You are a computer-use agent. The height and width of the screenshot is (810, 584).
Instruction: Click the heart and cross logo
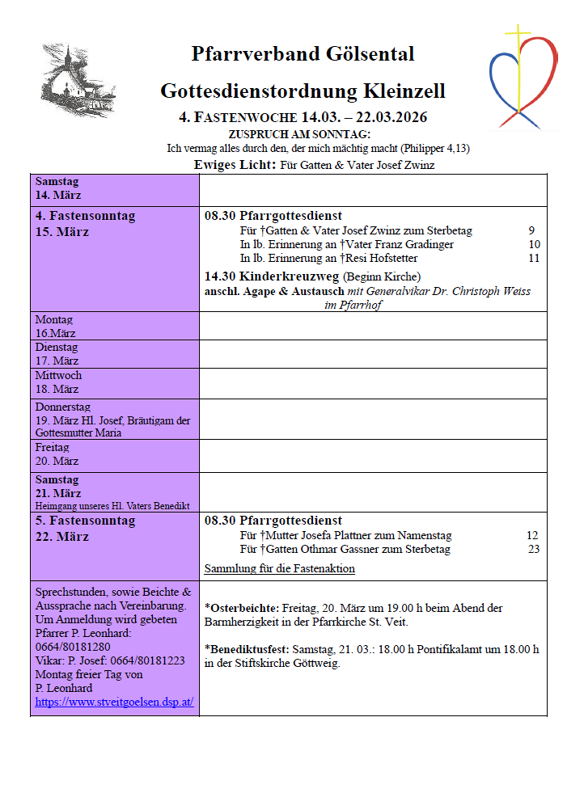point(523,77)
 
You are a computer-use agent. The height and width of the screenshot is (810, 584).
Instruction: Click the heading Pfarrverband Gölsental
point(303,54)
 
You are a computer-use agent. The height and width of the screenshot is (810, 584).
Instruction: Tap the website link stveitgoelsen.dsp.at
point(114,702)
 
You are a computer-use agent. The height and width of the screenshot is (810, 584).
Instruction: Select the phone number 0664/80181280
point(73,647)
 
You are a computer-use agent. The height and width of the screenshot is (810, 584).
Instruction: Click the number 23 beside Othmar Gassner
point(533,549)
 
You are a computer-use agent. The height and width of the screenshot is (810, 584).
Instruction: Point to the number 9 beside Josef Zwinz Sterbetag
point(531,230)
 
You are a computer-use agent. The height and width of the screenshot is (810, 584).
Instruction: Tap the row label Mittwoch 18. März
point(57,382)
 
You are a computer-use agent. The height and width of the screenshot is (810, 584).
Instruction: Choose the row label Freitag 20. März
point(57,454)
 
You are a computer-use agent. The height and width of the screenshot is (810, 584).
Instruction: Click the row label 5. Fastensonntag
point(85,521)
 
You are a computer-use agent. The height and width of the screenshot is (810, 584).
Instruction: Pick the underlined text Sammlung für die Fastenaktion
point(279,568)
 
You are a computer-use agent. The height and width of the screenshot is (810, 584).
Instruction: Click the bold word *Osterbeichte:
point(242,607)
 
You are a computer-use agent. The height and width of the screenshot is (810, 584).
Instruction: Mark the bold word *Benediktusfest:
point(248,649)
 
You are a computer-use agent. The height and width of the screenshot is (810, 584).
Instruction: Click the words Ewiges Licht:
point(235,165)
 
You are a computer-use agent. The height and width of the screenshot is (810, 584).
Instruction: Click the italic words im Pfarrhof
point(353,305)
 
